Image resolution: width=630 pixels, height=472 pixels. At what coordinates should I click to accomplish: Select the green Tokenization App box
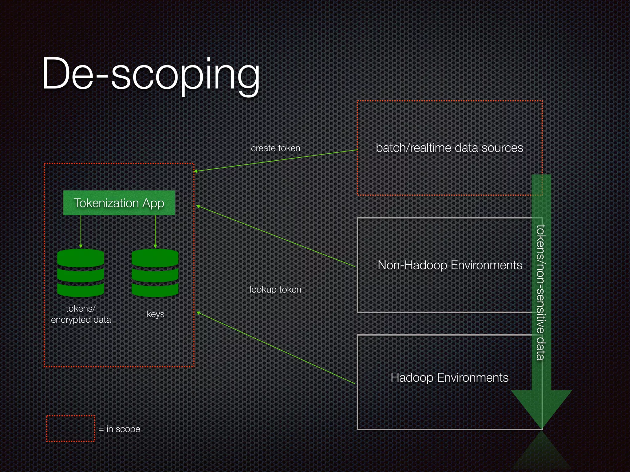coord(119,203)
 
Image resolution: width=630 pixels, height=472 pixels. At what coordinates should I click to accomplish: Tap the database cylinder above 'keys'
coord(155,273)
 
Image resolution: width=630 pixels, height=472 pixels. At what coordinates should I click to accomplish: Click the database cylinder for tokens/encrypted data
coord(81,273)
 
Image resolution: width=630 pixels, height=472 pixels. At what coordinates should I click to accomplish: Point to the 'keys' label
coord(155,314)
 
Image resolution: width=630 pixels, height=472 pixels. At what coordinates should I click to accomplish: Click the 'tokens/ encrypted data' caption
coord(81,314)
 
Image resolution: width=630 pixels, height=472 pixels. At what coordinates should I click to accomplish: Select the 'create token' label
coord(275,148)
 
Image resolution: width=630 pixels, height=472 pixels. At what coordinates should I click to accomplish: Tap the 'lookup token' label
coord(275,289)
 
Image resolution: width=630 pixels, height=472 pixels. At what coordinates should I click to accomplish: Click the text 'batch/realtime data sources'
coord(449,148)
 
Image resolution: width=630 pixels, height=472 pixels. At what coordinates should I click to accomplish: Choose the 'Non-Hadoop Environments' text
coord(450,265)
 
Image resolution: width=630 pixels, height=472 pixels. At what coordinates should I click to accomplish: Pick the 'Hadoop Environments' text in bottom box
coord(449,377)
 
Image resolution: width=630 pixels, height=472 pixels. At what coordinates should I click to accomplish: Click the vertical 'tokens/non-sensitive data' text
coord(541,292)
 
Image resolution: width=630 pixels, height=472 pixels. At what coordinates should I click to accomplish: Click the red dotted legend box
coord(71,428)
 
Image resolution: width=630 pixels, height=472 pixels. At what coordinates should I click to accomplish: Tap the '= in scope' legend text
coord(120,429)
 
